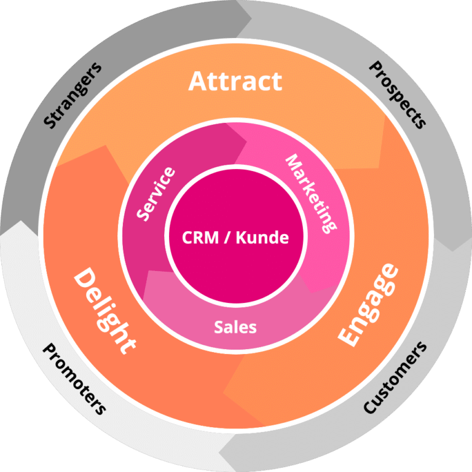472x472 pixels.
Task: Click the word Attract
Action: [235, 81]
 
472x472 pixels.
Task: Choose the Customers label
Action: [394, 377]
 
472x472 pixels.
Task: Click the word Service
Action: [155, 193]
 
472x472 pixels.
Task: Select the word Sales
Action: [235, 327]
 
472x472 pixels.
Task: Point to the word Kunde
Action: [264, 237]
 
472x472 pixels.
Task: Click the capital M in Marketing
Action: [293, 161]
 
